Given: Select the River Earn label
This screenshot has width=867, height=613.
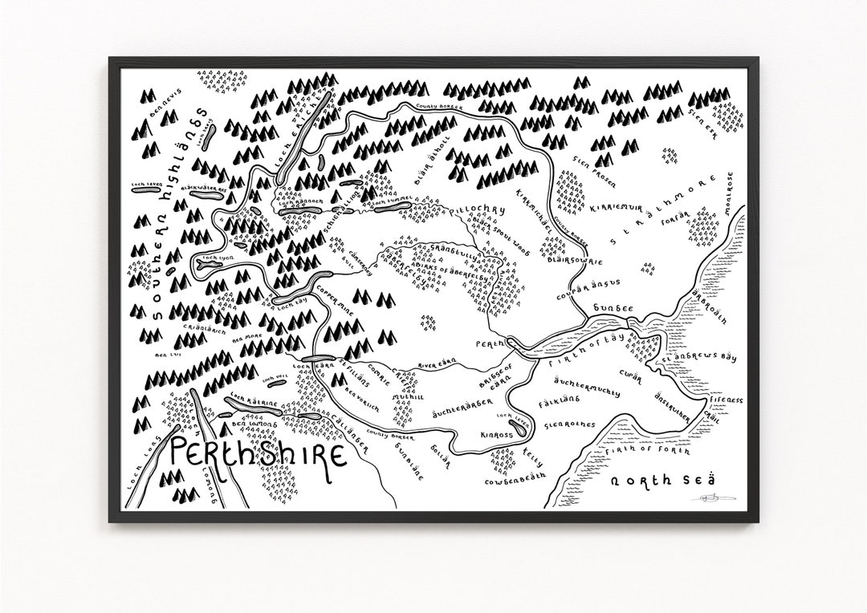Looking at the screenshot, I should (x=438, y=367).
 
